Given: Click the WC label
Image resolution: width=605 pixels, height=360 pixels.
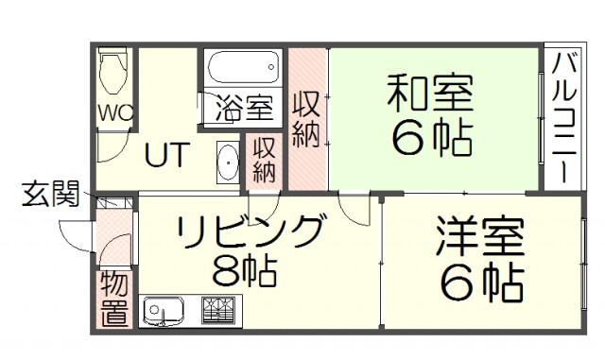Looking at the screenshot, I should [115, 112].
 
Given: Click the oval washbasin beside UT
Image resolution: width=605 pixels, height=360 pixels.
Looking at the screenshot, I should [228, 163].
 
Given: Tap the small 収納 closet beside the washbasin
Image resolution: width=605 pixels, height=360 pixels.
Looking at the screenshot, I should [264, 160].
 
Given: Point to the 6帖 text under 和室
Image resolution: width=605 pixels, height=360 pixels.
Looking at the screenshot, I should [432, 139].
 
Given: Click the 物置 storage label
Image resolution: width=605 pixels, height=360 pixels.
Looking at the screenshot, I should [114, 300].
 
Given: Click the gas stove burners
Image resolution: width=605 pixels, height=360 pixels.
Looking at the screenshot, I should [219, 310].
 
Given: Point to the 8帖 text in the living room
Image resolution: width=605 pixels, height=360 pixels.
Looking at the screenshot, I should [244, 272].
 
